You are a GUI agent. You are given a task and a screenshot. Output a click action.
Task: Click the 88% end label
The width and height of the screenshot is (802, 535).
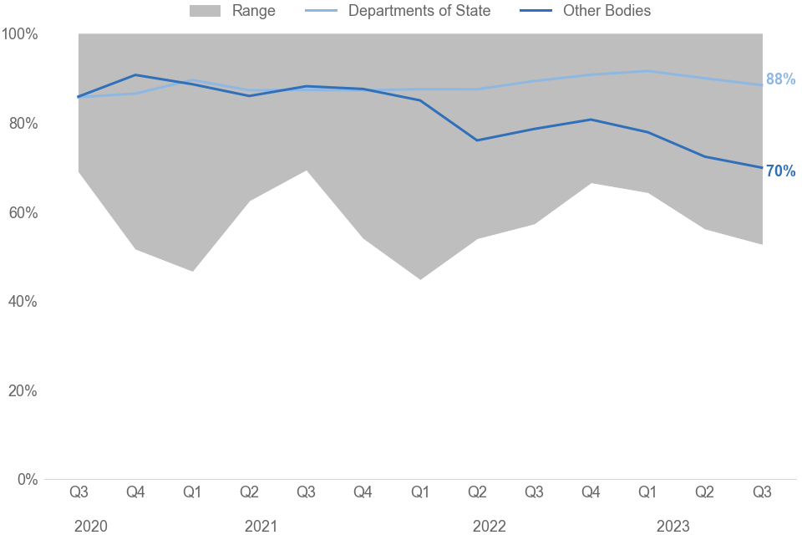[x=780, y=79]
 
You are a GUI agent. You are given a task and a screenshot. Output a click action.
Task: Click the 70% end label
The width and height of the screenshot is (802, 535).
[x=780, y=171]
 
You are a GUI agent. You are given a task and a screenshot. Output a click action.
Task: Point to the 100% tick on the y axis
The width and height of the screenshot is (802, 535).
[x=20, y=34]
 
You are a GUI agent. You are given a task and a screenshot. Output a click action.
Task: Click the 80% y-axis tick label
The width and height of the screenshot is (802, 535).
[x=22, y=124]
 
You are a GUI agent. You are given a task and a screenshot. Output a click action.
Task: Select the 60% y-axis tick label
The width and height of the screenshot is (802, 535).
[x=22, y=213]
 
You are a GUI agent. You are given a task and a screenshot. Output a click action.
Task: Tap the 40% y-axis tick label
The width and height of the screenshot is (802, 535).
[x=22, y=302]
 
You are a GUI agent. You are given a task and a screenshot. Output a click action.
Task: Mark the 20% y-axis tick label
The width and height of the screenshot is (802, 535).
[x=22, y=391]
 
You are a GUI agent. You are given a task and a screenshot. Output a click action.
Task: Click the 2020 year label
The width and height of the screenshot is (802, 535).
[x=90, y=526]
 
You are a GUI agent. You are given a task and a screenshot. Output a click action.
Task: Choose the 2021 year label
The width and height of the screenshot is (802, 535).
[x=261, y=526]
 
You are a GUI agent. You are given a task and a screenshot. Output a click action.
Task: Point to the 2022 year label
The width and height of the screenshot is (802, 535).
[x=489, y=526]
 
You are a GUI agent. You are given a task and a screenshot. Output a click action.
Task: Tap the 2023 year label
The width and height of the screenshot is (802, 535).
[x=673, y=526]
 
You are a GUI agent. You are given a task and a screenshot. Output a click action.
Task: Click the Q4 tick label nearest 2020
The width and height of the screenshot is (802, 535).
[x=135, y=492]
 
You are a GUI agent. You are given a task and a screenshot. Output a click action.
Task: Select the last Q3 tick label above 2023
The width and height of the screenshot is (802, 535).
[x=761, y=492]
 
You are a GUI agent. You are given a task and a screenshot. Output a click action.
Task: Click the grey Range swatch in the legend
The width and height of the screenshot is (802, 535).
[x=204, y=11]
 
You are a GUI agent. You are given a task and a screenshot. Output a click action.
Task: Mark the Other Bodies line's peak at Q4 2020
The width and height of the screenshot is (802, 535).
[x=135, y=75]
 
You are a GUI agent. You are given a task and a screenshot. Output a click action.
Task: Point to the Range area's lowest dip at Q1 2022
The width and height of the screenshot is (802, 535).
[x=420, y=278]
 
